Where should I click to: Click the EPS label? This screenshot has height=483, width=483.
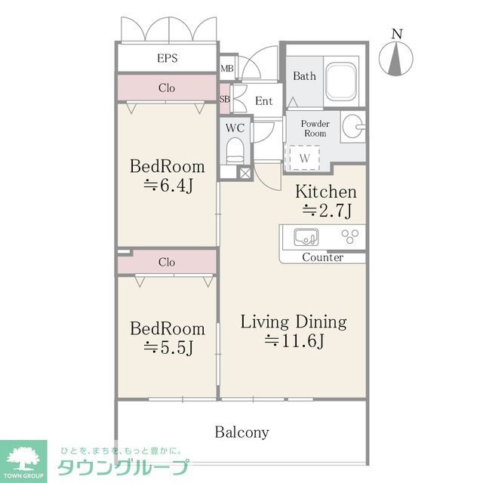167,58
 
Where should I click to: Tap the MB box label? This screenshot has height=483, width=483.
227,69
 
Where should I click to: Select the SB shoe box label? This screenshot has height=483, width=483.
225,99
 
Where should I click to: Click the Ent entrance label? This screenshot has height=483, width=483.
263,101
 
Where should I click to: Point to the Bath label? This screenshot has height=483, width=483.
304,75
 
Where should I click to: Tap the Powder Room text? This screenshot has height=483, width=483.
315,128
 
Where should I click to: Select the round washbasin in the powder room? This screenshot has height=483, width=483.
352,126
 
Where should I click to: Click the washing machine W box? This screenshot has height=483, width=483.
304,158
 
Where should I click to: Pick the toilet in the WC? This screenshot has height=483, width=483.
235,152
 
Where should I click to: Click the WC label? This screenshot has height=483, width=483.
234,128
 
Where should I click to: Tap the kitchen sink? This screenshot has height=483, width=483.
306,237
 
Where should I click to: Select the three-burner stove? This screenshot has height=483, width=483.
349,237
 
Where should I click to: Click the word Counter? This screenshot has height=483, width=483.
322,257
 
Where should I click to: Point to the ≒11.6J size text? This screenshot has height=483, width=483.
294,341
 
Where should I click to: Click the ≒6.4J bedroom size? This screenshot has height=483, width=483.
168,185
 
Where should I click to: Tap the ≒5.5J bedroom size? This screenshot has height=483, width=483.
168,348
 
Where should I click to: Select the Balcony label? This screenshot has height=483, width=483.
241,432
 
